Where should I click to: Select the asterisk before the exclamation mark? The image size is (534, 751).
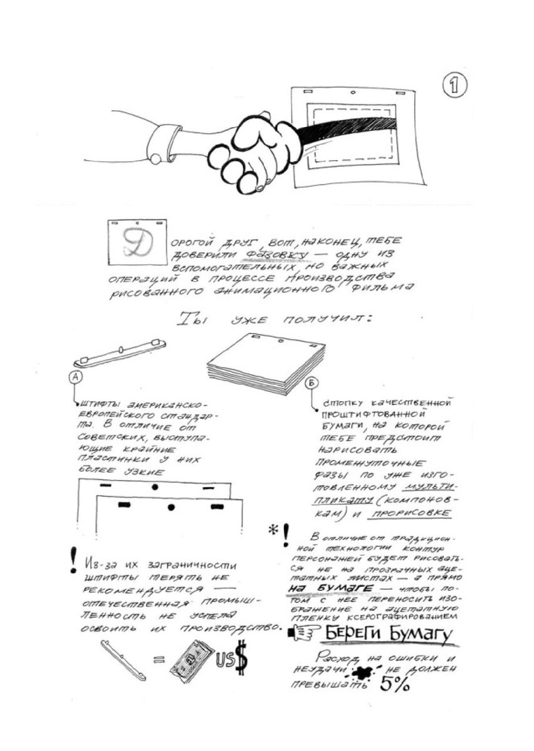click(273, 531)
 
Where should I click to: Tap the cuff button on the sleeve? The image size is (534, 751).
click(154, 160)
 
